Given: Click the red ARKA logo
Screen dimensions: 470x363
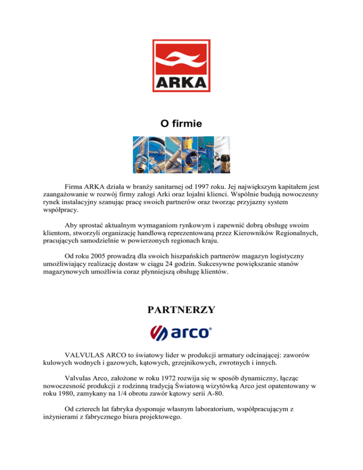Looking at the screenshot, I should point(181,65).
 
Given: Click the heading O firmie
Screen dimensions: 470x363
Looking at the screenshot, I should point(181,124).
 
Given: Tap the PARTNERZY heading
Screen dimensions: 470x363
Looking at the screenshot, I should point(181,310).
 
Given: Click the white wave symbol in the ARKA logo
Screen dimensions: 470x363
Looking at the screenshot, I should point(181,59).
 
